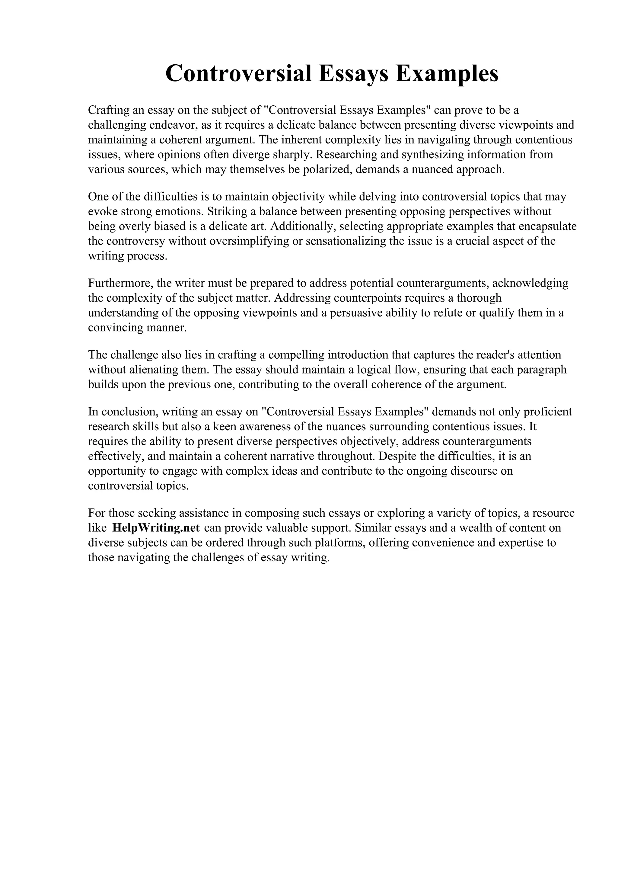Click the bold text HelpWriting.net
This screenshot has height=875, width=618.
156,528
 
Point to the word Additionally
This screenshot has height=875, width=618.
303,226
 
